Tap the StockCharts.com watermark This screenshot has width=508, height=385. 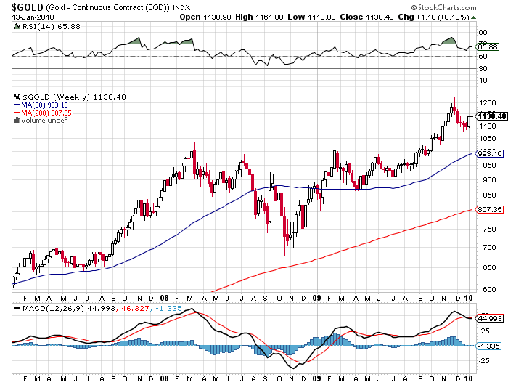[x=464, y=7]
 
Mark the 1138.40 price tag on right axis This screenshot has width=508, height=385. [x=491, y=116]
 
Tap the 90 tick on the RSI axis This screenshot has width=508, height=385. [x=481, y=33]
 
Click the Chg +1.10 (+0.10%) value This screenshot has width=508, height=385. [x=448, y=16]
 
